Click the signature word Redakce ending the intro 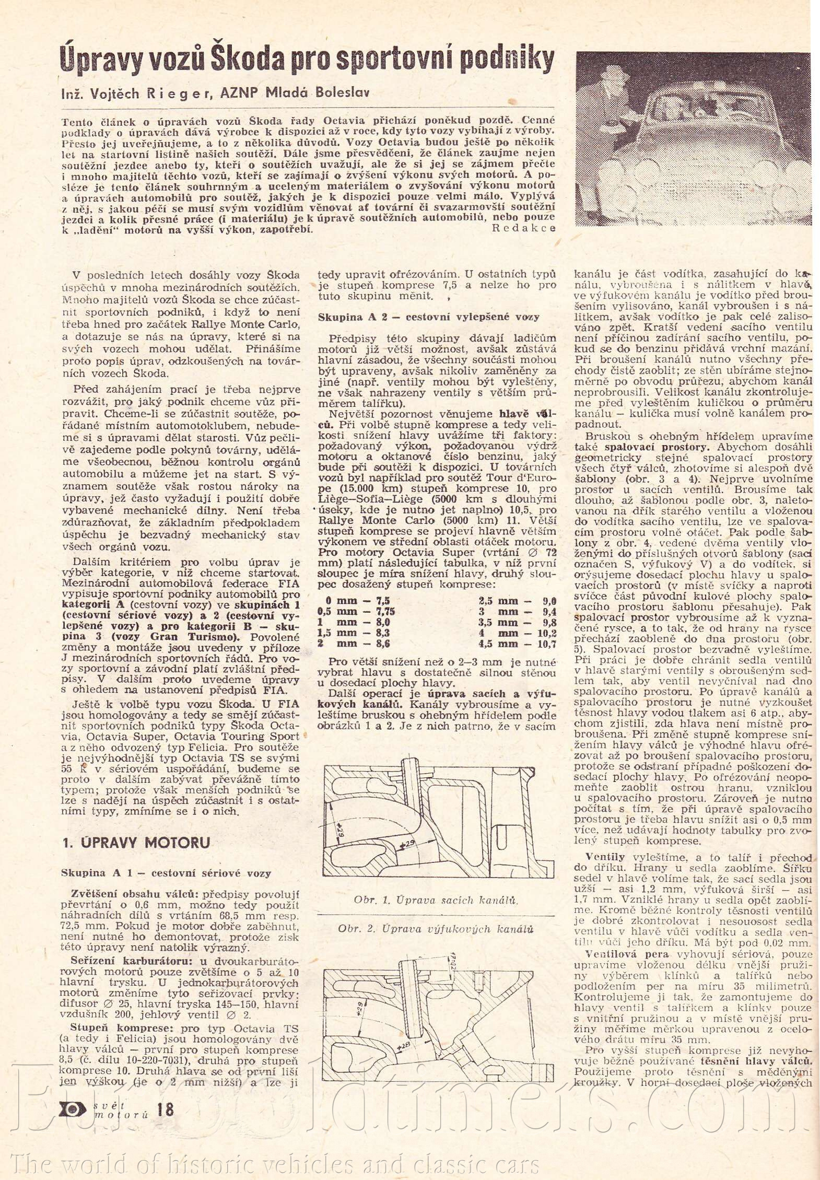[524, 228]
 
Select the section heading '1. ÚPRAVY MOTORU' [136, 843]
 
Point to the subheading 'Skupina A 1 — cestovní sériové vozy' [166, 873]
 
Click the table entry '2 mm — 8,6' [354, 644]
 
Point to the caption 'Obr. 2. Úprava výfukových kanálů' [435, 929]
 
